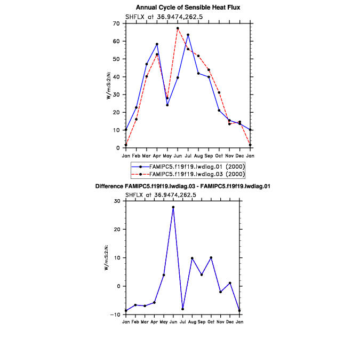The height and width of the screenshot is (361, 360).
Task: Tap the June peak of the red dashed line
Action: pos(178,28)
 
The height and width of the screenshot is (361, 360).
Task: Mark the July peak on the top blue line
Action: pos(188,35)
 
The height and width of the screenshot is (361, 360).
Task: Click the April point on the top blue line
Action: pos(157,44)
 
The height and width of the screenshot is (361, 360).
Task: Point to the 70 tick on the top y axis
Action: pos(119,23)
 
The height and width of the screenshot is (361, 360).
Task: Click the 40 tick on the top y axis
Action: pos(119,77)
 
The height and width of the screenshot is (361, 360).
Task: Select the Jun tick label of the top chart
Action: pos(178,155)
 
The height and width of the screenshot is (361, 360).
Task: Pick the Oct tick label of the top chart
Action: pos(219,155)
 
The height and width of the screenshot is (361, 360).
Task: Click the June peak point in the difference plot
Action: pos(173,207)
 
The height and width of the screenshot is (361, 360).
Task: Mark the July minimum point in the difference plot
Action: pos(183,309)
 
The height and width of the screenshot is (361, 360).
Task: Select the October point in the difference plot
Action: pos(211,257)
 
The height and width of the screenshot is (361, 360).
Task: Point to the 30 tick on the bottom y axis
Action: pos(119,201)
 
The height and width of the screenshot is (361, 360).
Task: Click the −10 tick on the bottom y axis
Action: pos(118,315)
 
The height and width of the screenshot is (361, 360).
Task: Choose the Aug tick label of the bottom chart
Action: pos(192,322)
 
